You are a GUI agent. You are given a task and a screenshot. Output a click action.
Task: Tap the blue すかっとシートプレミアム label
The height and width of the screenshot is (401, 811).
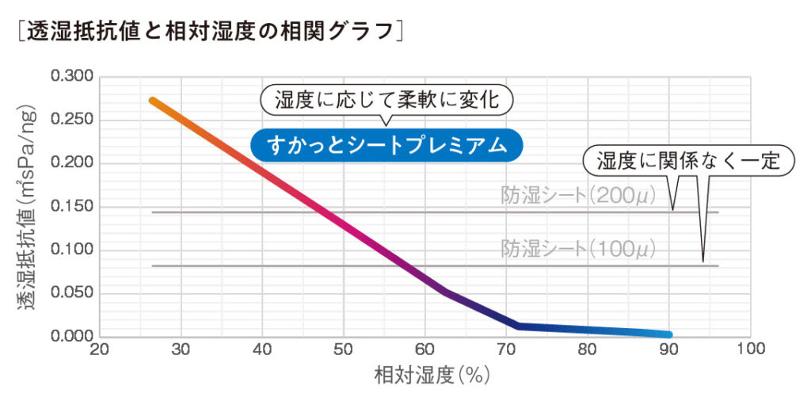[386, 145]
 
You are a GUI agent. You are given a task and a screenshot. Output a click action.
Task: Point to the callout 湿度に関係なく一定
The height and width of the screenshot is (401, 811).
[687, 161]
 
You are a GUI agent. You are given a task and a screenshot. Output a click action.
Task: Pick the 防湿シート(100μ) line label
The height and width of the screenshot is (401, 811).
[579, 250]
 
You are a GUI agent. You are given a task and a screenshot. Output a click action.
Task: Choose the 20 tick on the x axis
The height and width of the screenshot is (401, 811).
[99, 349]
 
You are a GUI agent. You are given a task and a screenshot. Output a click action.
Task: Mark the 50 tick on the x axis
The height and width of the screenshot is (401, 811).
[344, 349]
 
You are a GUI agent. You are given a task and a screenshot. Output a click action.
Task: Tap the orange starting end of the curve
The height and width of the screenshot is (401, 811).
[153, 101]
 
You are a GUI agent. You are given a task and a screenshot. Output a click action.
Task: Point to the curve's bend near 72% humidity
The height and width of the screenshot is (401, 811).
[518, 326]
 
